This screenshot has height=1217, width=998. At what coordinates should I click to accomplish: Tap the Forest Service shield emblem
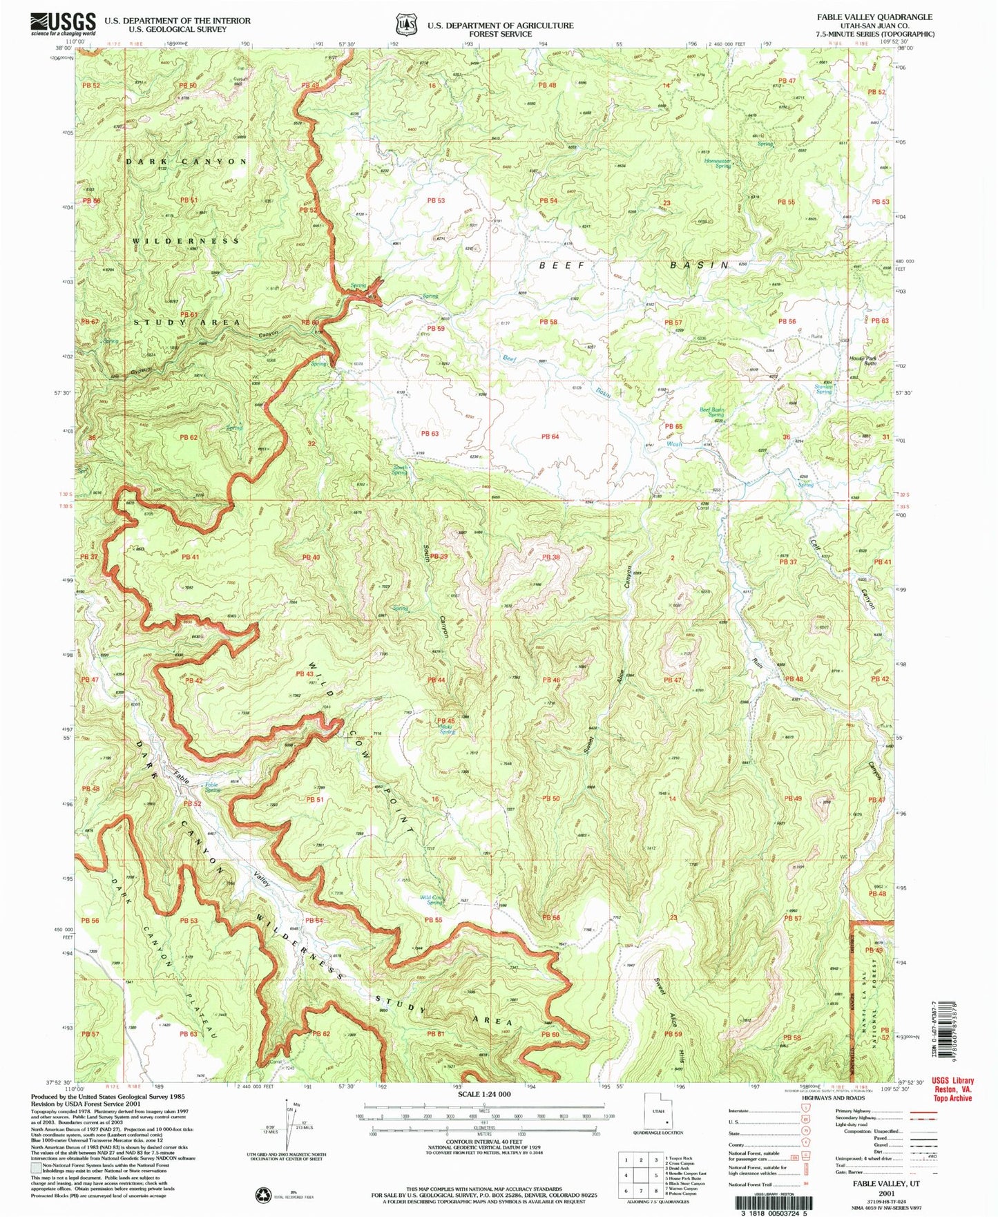pos(405,24)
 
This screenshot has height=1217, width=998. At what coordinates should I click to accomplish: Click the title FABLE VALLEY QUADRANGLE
pos(874,17)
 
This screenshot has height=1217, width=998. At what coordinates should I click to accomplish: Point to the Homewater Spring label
pos(718,164)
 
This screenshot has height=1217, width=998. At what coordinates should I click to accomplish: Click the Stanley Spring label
pos(823,389)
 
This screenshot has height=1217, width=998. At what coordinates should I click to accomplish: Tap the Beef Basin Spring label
pos(712,412)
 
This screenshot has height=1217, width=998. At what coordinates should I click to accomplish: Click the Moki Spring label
pos(447,729)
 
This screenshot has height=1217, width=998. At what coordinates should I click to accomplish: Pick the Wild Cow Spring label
pos(432,900)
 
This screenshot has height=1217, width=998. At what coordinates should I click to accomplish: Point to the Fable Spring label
pos(211,787)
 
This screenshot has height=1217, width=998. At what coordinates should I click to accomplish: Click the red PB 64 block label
pos(550,437)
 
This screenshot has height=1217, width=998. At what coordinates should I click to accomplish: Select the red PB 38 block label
pos(550,557)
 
